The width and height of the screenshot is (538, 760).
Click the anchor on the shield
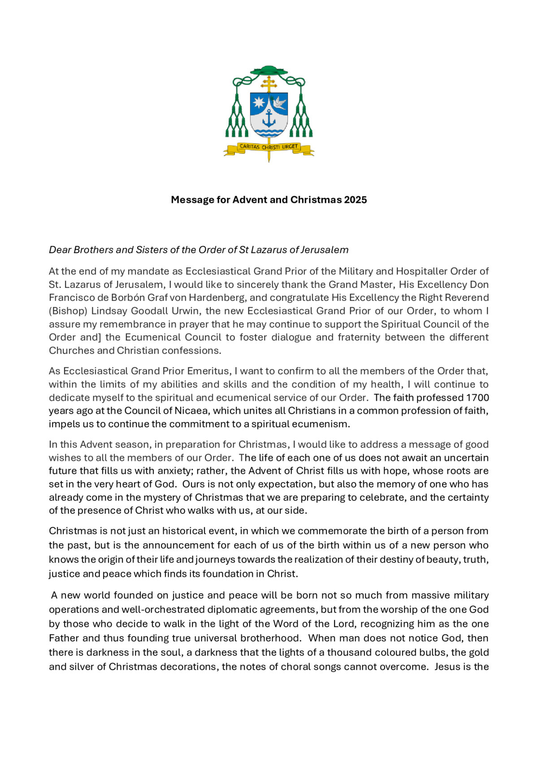(269, 119)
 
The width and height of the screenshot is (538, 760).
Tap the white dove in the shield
(279, 103)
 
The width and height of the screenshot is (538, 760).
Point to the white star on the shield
(259, 103)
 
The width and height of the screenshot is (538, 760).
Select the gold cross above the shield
(269, 84)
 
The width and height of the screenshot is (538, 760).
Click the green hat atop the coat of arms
(269, 71)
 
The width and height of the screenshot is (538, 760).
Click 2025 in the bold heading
(356, 200)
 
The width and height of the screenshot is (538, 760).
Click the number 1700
(477, 398)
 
